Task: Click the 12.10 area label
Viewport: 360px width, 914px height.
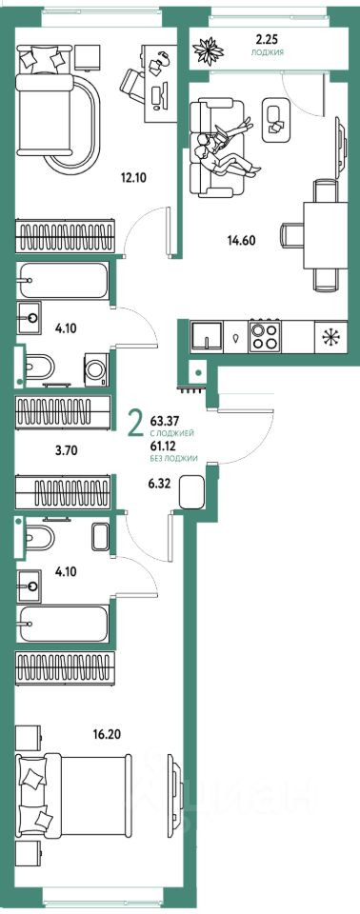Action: pyautogui.click(x=132, y=177)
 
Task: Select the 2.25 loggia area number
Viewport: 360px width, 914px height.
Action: pyautogui.click(x=268, y=40)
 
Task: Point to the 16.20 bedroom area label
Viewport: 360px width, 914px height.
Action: pyautogui.click(x=106, y=730)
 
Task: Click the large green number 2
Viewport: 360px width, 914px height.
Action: pyautogui.click(x=135, y=424)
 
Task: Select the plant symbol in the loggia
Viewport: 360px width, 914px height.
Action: pyautogui.click(x=209, y=50)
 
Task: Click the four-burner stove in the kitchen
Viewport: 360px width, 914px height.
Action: pyautogui.click(x=266, y=336)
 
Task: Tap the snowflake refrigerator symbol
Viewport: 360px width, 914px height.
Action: pyautogui.click(x=330, y=336)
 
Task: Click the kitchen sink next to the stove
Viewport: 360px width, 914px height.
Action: pyautogui.click(x=206, y=336)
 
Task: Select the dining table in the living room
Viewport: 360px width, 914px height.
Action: pyautogui.click(x=326, y=234)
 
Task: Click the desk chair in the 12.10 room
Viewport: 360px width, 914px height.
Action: pyautogui.click(x=133, y=84)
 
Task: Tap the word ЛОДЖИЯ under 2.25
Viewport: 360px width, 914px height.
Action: pyautogui.click(x=268, y=51)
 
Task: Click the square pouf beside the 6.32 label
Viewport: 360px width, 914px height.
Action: pyautogui.click(x=191, y=492)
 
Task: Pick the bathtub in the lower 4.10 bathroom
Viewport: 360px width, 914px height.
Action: pyautogui.click(x=63, y=623)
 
